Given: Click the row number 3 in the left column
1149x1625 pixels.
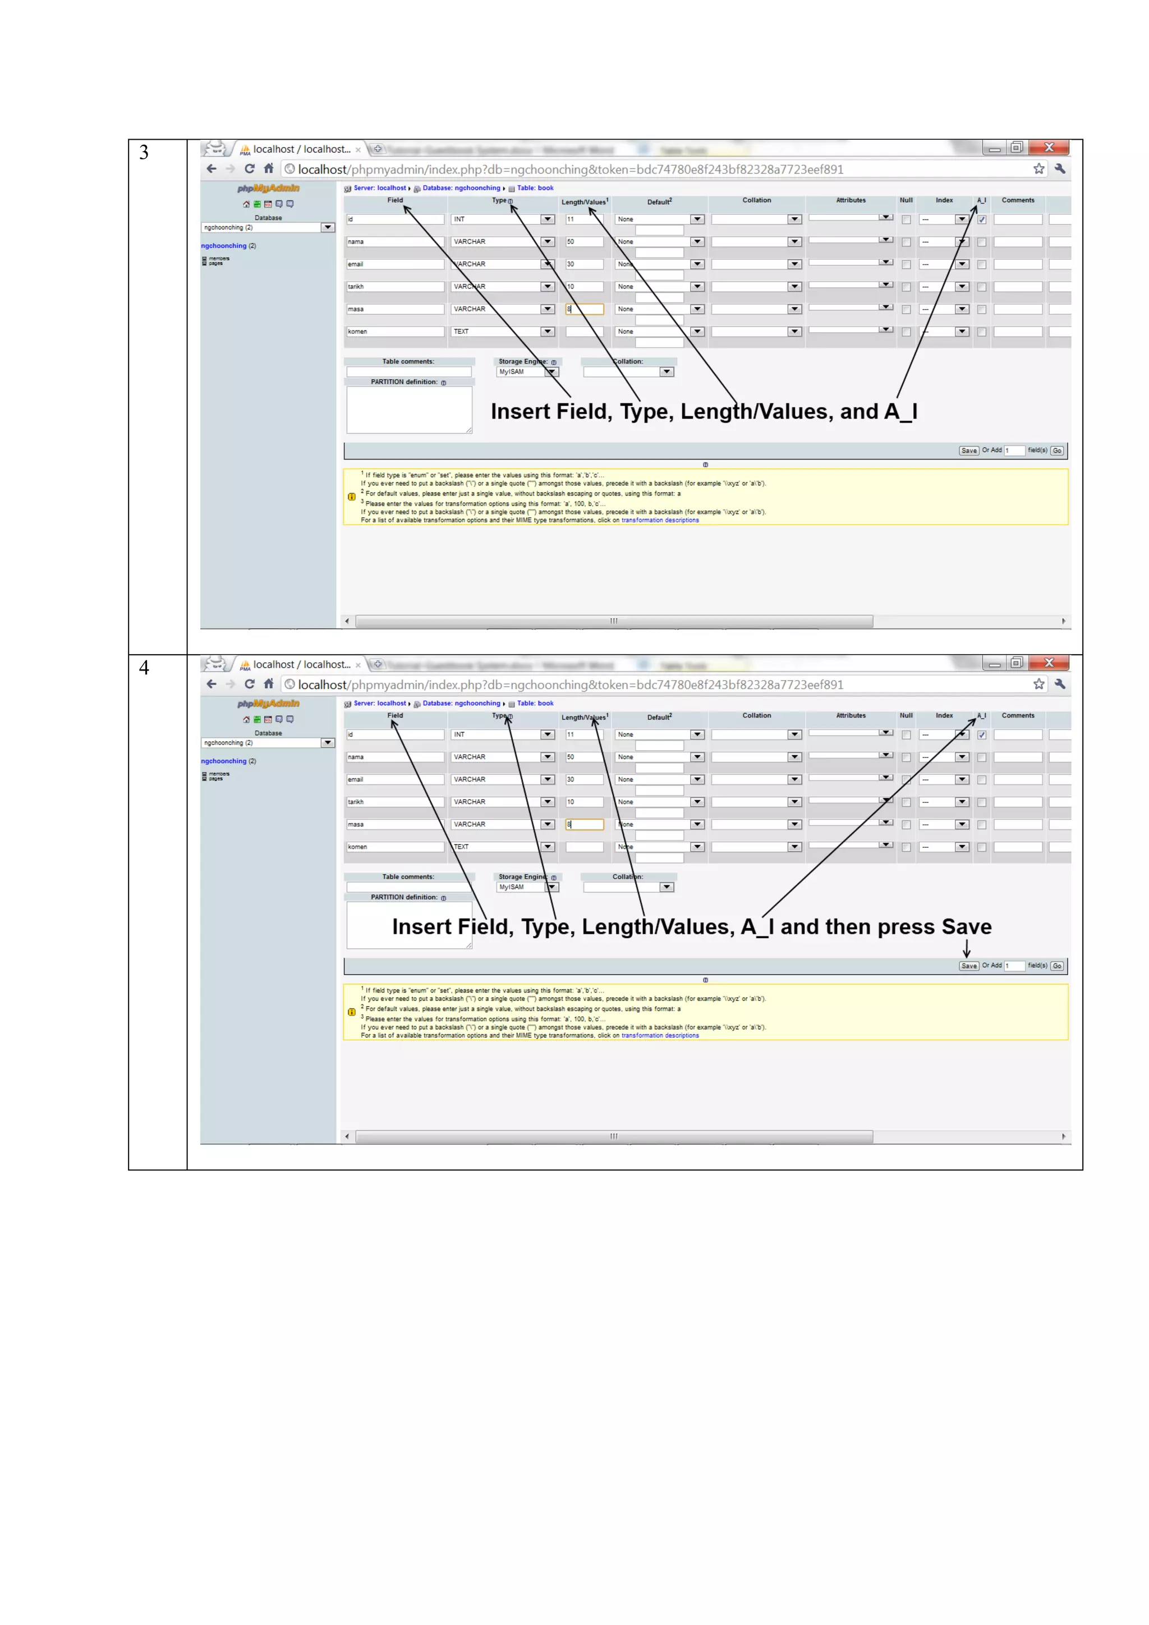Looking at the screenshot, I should (144, 152).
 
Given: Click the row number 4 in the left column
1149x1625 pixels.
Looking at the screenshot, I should (144, 667).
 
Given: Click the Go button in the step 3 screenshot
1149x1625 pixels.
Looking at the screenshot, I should (1056, 451).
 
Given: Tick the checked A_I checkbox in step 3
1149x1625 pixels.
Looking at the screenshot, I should (981, 219).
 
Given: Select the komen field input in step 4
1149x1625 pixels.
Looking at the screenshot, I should (395, 847).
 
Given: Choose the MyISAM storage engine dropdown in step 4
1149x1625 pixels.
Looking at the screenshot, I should (527, 888).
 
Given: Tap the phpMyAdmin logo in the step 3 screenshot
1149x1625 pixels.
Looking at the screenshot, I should (268, 189).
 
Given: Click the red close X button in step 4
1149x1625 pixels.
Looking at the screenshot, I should (1049, 663).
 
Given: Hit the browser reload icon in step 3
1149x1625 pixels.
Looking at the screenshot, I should (249, 168).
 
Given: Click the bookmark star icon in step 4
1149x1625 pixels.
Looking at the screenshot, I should (1038, 685).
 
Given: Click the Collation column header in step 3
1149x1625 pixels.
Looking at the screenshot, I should (756, 200).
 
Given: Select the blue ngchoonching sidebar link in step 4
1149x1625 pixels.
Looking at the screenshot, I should (224, 761).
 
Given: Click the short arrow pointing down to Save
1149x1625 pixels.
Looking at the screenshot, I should (967, 948).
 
